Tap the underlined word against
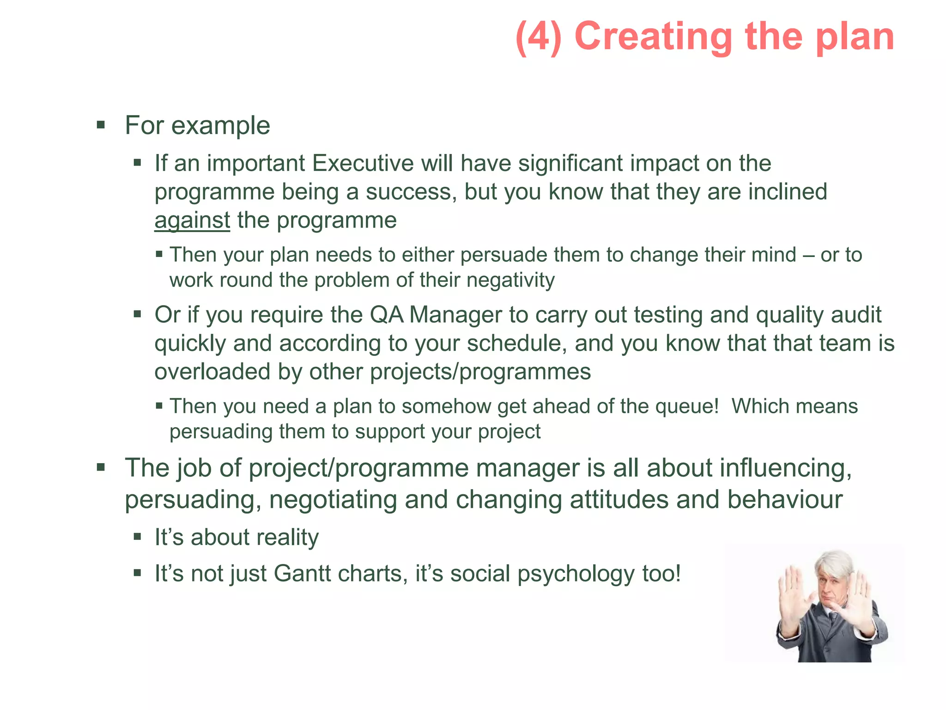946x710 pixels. click(x=192, y=220)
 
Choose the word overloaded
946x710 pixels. click(x=212, y=372)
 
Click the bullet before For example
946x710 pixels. click(x=101, y=125)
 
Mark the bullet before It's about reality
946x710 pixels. click(x=137, y=537)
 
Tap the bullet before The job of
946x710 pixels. click(x=101, y=467)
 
